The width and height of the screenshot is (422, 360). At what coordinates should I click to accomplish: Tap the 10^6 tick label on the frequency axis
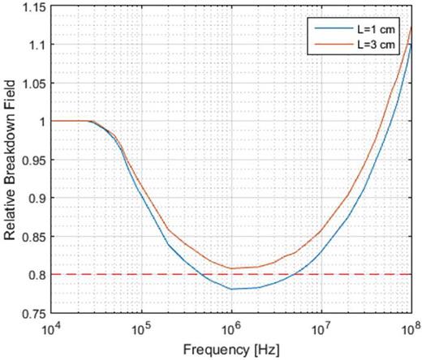[x=232, y=326]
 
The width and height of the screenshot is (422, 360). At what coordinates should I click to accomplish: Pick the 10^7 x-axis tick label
[x=322, y=326]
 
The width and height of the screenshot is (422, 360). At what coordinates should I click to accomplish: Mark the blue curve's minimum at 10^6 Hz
[x=232, y=289]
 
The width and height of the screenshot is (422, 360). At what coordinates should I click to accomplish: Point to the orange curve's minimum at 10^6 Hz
[x=232, y=268]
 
